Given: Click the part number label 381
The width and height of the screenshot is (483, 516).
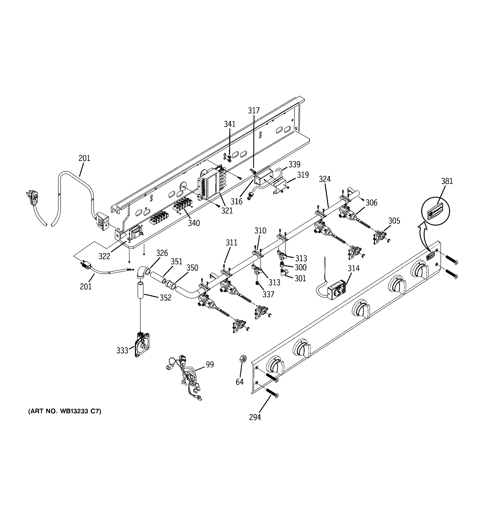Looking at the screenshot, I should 447,181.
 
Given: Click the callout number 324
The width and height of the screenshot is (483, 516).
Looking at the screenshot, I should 325,179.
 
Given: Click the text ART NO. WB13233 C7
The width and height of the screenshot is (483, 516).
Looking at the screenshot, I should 65,411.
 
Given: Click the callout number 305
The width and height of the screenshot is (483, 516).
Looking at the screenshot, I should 394,221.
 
